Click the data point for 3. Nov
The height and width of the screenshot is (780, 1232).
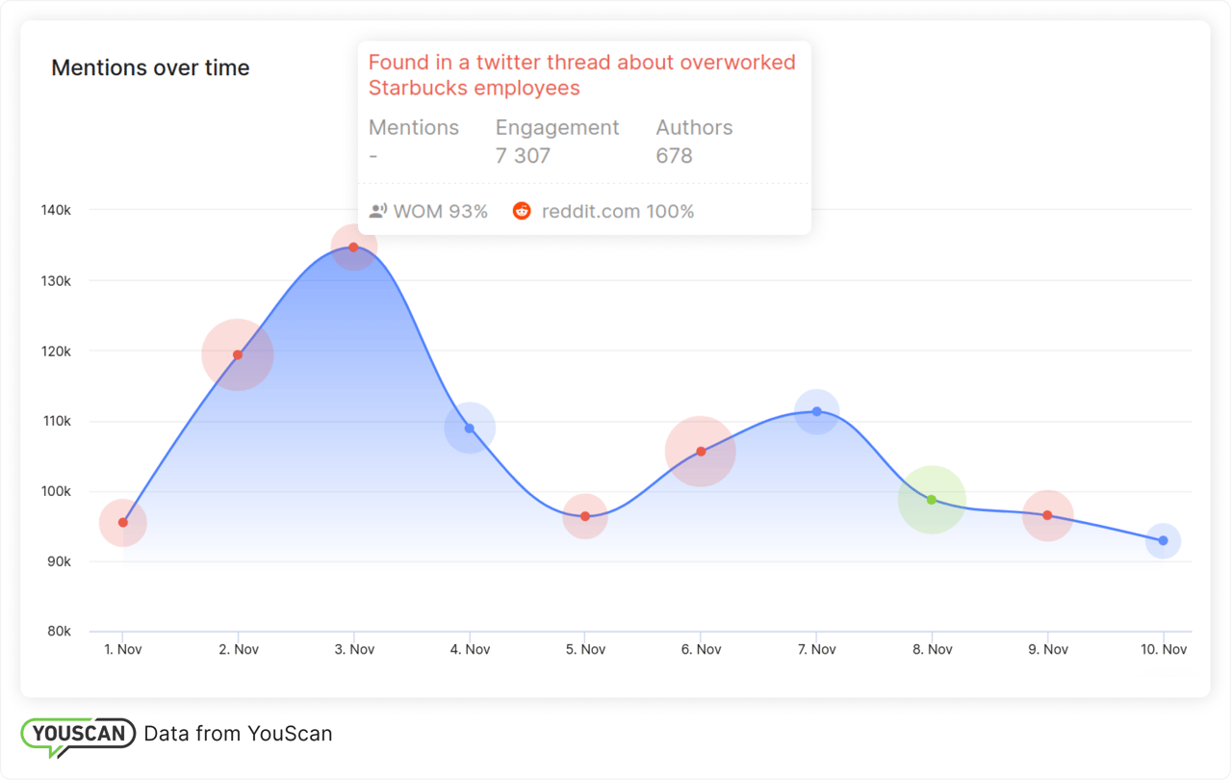[x=353, y=247]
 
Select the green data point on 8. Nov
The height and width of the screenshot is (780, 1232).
[x=932, y=500]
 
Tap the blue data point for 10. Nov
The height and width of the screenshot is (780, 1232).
[x=1164, y=541]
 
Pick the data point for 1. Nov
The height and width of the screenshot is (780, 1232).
[x=123, y=523]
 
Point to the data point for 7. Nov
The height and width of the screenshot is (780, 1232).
[x=817, y=411]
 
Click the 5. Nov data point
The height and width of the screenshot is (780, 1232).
[x=585, y=516]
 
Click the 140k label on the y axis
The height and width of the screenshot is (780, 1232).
[x=55, y=210]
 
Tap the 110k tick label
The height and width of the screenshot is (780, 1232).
[x=55, y=421]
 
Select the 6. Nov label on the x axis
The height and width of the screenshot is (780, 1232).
[x=701, y=650]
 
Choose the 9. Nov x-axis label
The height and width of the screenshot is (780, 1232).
[x=1047, y=650]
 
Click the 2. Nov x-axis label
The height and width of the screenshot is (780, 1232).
[x=239, y=650]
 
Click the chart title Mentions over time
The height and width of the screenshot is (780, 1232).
[x=150, y=68]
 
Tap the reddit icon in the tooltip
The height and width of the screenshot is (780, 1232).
[x=522, y=211]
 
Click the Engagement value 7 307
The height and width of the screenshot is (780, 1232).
[x=523, y=156]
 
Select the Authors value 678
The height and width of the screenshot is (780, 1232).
[x=674, y=156]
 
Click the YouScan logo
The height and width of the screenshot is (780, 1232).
[x=78, y=735]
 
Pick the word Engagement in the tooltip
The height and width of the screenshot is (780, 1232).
[x=557, y=128]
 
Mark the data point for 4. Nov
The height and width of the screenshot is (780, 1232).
[x=470, y=429]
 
